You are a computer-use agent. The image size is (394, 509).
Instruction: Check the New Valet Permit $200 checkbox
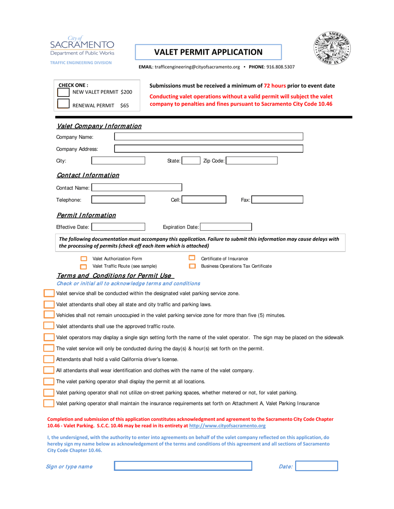click(x=63, y=92)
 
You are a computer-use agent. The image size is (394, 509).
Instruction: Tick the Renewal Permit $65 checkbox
click(x=63, y=104)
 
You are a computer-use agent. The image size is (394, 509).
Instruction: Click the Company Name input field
click(x=209, y=137)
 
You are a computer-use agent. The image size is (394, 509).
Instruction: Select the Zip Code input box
click(x=251, y=161)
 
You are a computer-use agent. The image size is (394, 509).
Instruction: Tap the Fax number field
click(x=277, y=200)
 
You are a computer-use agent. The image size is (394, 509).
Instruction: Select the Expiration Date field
click(x=226, y=227)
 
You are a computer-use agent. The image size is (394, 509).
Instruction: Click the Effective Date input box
click(x=118, y=227)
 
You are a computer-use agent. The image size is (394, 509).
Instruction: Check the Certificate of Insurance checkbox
click(x=192, y=258)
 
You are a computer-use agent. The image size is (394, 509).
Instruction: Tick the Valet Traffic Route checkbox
click(x=83, y=266)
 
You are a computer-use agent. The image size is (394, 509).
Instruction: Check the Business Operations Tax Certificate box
click(x=192, y=266)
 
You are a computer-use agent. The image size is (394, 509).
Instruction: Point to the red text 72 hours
click(x=275, y=86)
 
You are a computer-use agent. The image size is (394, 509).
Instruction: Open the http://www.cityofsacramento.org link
click(x=227, y=425)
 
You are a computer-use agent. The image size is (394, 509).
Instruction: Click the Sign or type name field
click(x=183, y=466)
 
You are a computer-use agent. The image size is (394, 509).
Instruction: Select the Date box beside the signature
click(x=317, y=466)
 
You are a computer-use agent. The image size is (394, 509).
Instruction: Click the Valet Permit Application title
click(x=208, y=52)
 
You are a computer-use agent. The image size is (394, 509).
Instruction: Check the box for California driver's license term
click(x=49, y=359)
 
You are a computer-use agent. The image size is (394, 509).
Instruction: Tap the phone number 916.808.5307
click(x=280, y=66)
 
